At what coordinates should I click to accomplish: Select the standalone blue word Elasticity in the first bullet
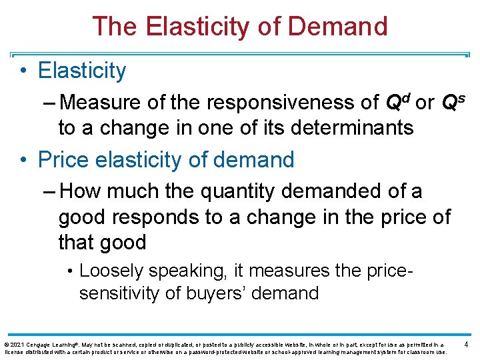coord(82,71)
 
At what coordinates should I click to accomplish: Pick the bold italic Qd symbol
coord(397,101)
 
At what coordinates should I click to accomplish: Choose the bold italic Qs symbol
coord(451,101)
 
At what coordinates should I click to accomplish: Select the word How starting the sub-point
coord(81,192)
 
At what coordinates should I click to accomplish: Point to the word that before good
coord(77,243)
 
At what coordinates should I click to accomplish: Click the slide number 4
coord(465,345)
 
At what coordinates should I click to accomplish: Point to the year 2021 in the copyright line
coord(17,345)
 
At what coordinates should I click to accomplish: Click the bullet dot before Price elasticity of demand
coord(23,160)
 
